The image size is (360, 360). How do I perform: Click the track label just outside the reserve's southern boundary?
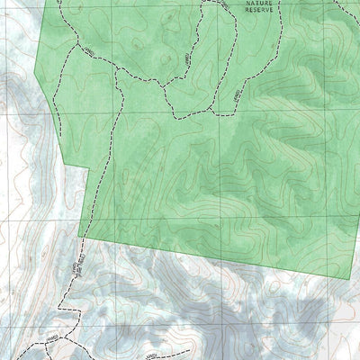[68, 268]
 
